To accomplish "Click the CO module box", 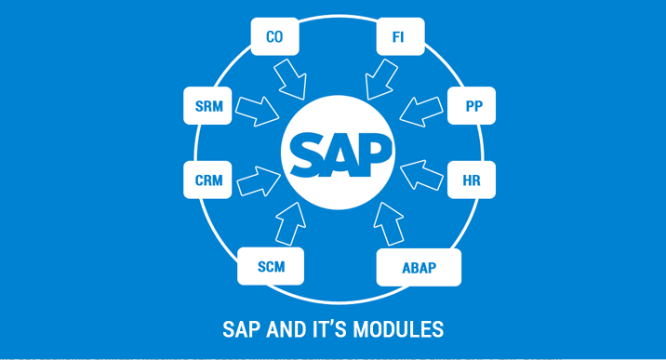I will click(x=274, y=37).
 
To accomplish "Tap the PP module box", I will click(x=473, y=105).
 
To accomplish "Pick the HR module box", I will click(x=473, y=179).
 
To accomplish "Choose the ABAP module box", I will click(x=419, y=268).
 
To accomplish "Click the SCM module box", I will click(x=270, y=267).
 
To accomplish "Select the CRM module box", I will click(x=208, y=179).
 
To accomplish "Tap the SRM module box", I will click(x=208, y=105).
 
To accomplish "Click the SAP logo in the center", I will click(x=338, y=149).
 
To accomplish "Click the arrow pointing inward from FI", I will click(x=381, y=76).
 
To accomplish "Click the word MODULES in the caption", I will click(x=406, y=330).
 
